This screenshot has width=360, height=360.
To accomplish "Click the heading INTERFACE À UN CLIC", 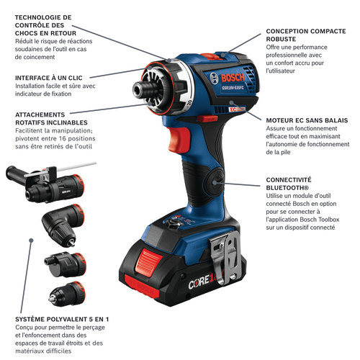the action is coord(49,78).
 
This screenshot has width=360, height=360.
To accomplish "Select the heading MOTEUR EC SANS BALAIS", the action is coord(307,120).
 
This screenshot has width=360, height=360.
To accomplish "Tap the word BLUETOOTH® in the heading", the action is coord(287,188).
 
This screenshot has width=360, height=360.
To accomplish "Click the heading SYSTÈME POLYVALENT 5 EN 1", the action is coord(62,319).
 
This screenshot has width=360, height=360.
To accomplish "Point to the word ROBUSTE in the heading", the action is coord(281,39).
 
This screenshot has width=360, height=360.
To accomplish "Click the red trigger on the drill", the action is coord(179,139).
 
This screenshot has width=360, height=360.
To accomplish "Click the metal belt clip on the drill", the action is coord(225,257).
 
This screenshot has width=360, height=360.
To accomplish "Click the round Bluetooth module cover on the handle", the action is coord(215,182).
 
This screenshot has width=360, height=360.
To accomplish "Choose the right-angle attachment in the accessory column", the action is coord(63,225).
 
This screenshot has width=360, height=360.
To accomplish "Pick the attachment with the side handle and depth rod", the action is coord(48,182).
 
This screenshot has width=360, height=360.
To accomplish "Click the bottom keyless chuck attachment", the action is coord(67,294).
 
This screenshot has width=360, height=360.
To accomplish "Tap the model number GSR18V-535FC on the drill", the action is coord(233,88).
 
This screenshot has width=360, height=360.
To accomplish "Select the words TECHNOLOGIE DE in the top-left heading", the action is coord(43,17).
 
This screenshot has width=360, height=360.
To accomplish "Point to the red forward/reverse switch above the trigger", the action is coord(207,118).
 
